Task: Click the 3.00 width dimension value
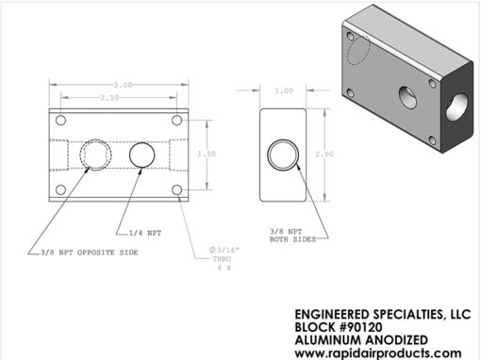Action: [123, 85]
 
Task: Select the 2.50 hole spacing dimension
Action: [109, 98]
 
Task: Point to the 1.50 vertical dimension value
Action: [207, 154]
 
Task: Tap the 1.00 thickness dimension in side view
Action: [284, 90]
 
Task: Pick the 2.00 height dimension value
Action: [324, 154]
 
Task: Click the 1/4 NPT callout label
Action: [145, 233]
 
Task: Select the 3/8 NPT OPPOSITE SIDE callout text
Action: [90, 253]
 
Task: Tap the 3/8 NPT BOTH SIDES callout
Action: [292, 236]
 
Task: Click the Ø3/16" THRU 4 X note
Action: [224, 259]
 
